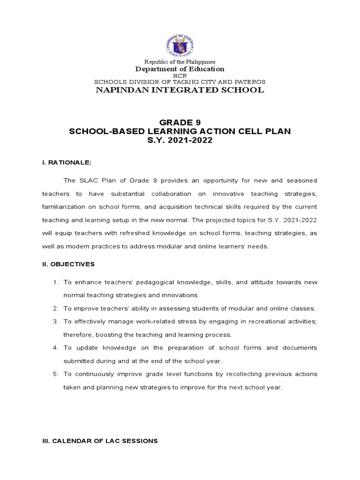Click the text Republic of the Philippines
pos(180,62)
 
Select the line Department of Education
pos(180,69)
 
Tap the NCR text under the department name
pos(180,75)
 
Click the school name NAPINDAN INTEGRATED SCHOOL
pos(180,90)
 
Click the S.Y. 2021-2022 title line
pos(180,141)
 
